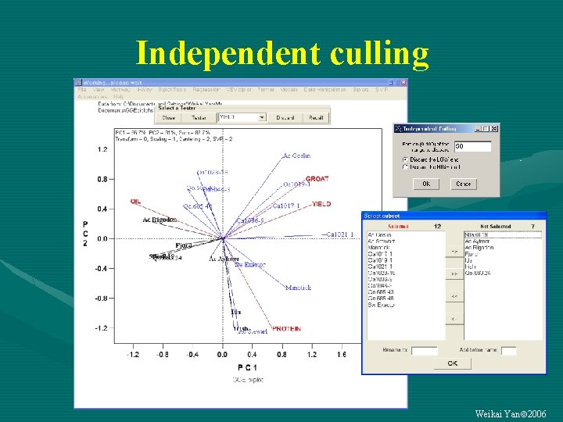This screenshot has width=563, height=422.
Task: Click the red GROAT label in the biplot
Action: (x=317, y=179)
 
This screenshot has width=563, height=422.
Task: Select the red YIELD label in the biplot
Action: (x=321, y=204)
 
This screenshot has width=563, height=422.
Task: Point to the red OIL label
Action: (x=136, y=202)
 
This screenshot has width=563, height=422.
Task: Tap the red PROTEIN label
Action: (x=286, y=329)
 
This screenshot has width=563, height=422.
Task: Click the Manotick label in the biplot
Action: (x=298, y=288)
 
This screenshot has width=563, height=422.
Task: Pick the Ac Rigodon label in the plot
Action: (x=160, y=220)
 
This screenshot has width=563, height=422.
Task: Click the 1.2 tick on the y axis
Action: (x=102, y=149)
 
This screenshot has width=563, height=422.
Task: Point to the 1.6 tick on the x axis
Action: (x=341, y=354)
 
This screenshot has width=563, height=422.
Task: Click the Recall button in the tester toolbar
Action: (x=315, y=117)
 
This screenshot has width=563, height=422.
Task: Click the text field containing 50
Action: (x=472, y=146)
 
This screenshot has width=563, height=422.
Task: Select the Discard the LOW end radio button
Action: (x=404, y=159)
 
